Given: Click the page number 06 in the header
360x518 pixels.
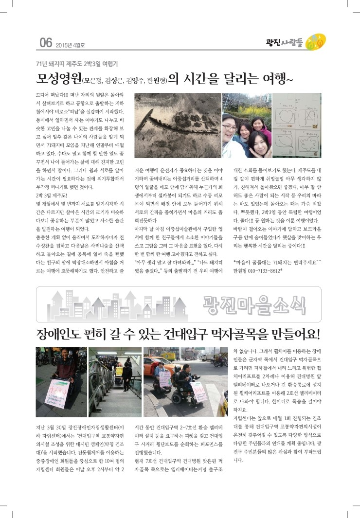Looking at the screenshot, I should point(45,43).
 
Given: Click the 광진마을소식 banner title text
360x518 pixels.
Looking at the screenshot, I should point(254,304).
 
